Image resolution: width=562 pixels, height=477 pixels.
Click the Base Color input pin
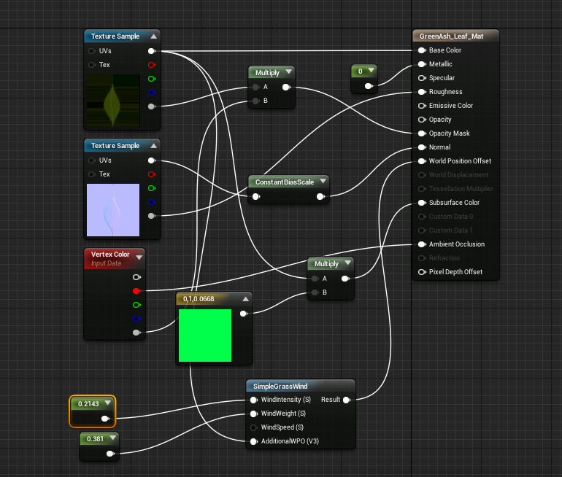click(422, 50)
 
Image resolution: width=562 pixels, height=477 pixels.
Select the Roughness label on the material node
click(445, 92)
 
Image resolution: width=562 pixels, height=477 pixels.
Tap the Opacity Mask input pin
click(422, 133)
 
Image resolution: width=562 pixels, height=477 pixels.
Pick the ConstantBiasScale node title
click(284, 182)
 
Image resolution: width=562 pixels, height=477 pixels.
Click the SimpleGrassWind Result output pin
click(346, 400)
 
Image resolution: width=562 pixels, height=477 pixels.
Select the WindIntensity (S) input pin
click(253, 400)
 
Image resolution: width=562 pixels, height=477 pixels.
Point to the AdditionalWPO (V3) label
click(290, 441)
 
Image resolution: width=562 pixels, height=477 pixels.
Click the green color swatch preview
click(204, 335)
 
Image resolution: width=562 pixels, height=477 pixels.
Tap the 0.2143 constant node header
click(88, 403)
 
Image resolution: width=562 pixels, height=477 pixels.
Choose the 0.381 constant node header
click(95, 439)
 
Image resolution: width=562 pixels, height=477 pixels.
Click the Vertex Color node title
click(110, 255)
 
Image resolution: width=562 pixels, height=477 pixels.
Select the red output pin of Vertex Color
click(136, 291)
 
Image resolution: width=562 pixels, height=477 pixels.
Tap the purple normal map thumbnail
click(112, 210)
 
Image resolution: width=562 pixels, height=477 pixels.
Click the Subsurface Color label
click(454, 203)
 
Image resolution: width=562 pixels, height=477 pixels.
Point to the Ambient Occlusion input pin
click(422, 244)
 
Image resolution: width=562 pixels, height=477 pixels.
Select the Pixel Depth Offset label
click(455, 272)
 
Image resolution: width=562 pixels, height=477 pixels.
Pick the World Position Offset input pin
click(422, 161)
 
